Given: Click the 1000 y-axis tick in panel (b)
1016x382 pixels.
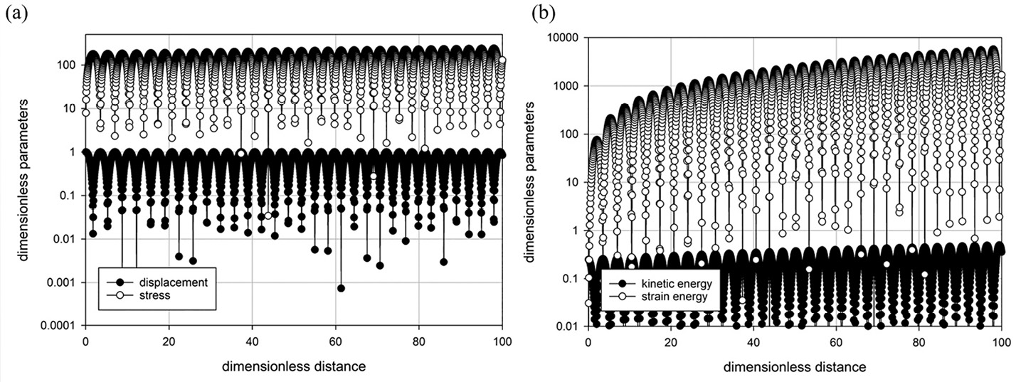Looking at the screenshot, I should click(x=566, y=86).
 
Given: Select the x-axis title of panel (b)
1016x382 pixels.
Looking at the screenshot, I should click(x=795, y=367).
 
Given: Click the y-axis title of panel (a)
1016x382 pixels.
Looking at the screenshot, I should click(x=24, y=181).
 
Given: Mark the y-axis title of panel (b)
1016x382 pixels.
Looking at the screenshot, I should click(x=531, y=182).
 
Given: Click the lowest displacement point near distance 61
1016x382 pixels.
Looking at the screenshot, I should click(x=341, y=288).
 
